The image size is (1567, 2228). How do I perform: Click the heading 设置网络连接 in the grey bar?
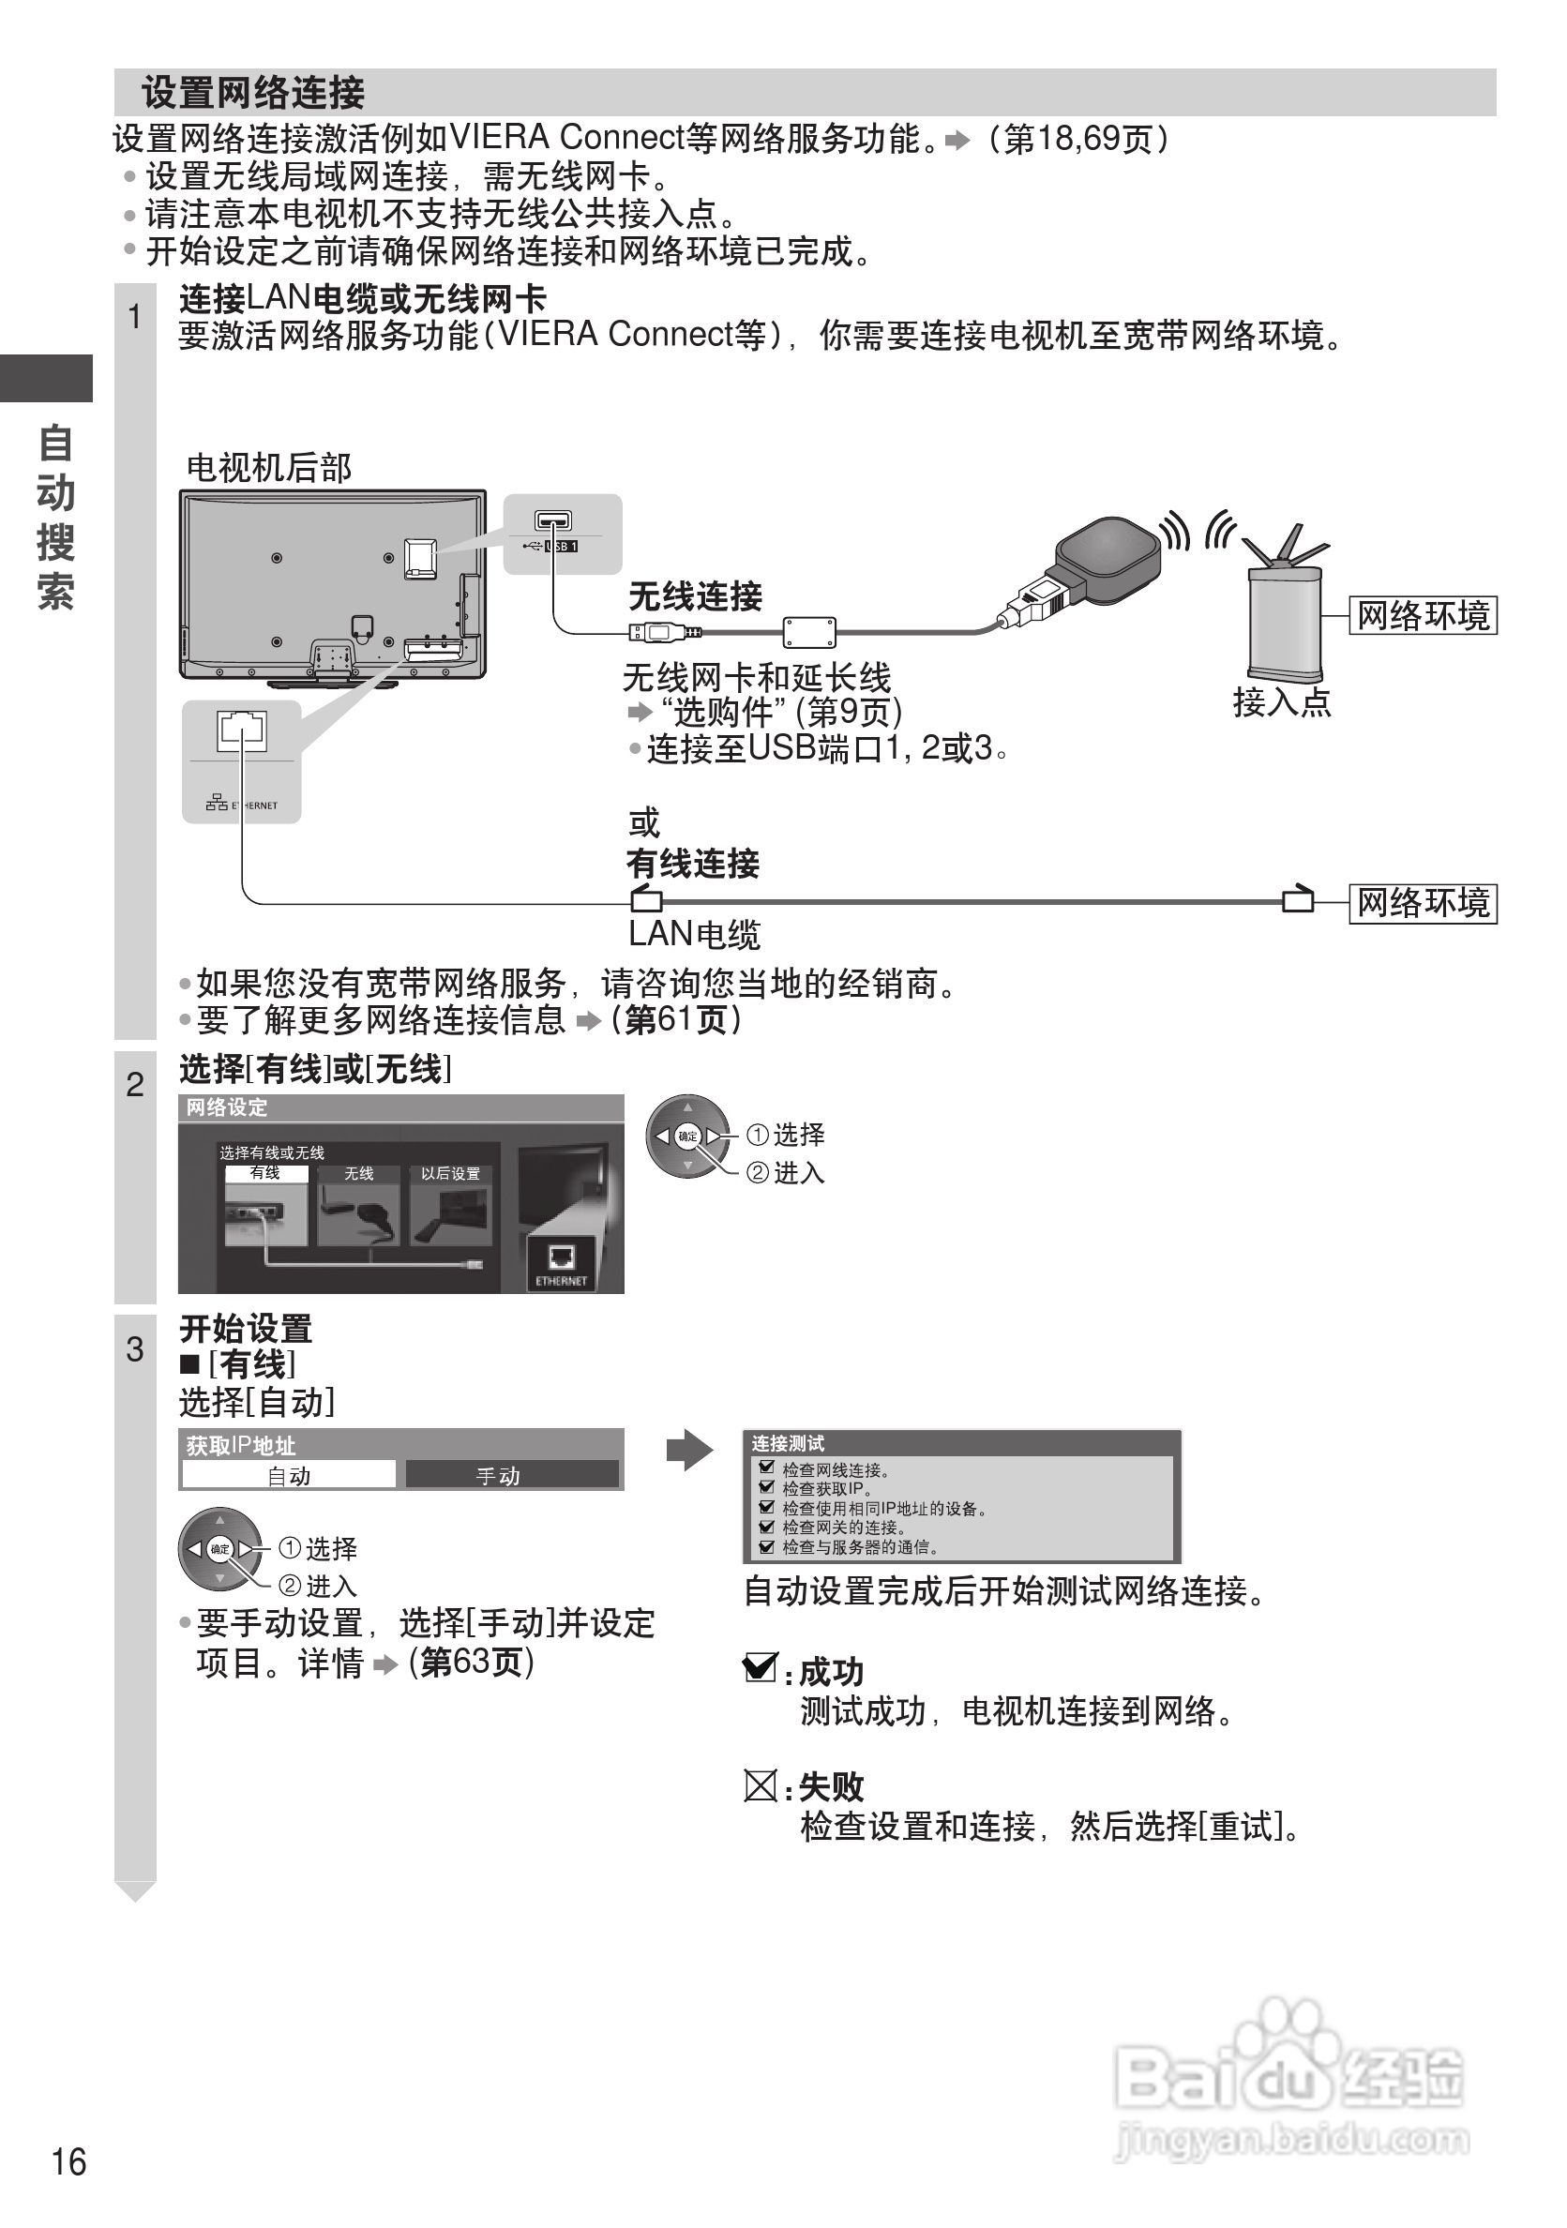coord(253,93)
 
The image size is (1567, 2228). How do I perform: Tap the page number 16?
coord(68,2162)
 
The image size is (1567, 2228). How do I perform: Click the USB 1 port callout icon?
coord(562,533)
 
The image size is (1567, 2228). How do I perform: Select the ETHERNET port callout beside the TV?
coord(242,761)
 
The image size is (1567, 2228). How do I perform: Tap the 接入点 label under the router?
coord(1282,701)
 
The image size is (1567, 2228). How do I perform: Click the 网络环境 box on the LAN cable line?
coord(1423,903)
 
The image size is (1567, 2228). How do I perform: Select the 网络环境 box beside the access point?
coord(1423,616)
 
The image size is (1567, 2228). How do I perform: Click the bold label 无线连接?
coord(695,595)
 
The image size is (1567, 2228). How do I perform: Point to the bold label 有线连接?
coord(692,863)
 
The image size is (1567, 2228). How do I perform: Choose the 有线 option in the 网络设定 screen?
coord(264,1173)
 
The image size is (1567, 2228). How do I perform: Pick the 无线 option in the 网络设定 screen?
coord(358,1173)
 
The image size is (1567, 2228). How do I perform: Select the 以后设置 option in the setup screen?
coord(450,1173)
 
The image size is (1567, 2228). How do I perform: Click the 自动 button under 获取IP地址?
coord(289,1475)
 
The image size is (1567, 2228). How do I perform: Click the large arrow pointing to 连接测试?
coord(690,1450)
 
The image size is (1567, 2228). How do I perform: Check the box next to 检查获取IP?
coord(766,1486)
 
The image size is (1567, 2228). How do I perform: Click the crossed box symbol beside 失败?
coord(760,1785)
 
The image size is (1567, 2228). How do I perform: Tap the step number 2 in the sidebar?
coord(135,1084)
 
